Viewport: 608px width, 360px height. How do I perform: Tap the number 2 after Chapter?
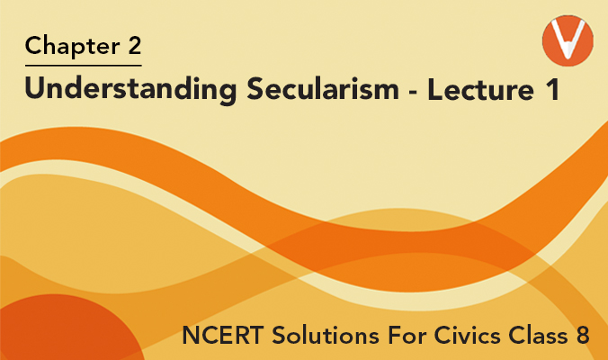(x=133, y=44)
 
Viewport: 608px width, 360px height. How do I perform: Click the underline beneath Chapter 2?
(x=84, y=66)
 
